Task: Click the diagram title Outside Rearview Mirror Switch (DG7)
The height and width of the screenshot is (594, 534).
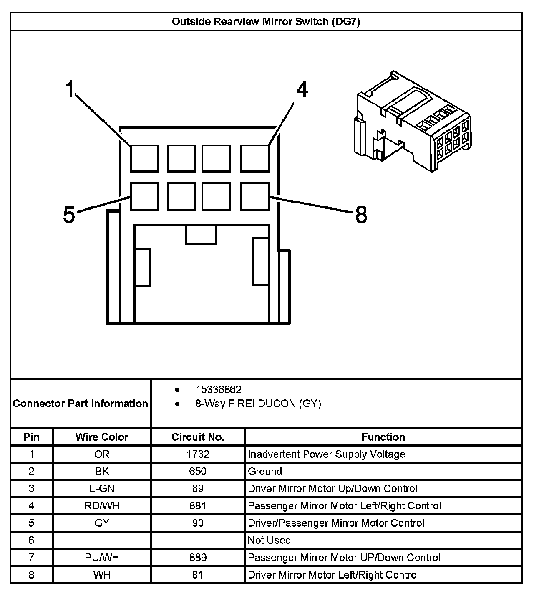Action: click(x=266, y=22)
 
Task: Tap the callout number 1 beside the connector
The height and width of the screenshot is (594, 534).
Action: click(x=70, y=89)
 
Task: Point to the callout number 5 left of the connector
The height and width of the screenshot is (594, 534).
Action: click(x=69, y=215)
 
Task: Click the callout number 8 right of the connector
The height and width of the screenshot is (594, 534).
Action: click(x=361, y=215)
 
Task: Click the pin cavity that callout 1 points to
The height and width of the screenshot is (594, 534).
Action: click(x=144, y=158)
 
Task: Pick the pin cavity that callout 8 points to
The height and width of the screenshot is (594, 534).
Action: click(x=254, y=196)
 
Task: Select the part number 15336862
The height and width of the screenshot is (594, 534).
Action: click(x=219, y=390)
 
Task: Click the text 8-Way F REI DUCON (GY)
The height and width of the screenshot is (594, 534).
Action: click(x=258, y=404)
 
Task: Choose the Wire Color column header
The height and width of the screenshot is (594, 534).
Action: click(x=102, y=437)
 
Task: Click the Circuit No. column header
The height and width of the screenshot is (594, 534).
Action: click(x=198, y=437)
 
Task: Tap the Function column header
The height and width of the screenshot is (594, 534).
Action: click(x=383, y=437)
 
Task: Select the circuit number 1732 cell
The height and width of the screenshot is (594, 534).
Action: click(x=198, y=454)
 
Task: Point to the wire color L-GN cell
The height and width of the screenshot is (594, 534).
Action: click(x=102, y=488)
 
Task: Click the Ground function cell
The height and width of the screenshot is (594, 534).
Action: click(x=265, y=471)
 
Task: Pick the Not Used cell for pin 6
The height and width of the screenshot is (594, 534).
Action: click(x=269, y=540)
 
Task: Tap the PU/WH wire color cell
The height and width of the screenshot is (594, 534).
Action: click(x=102, y=557)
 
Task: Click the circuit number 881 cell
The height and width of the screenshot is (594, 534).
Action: click(x=198, y=505)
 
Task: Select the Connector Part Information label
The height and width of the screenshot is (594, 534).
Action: click(x=81, y=404)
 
